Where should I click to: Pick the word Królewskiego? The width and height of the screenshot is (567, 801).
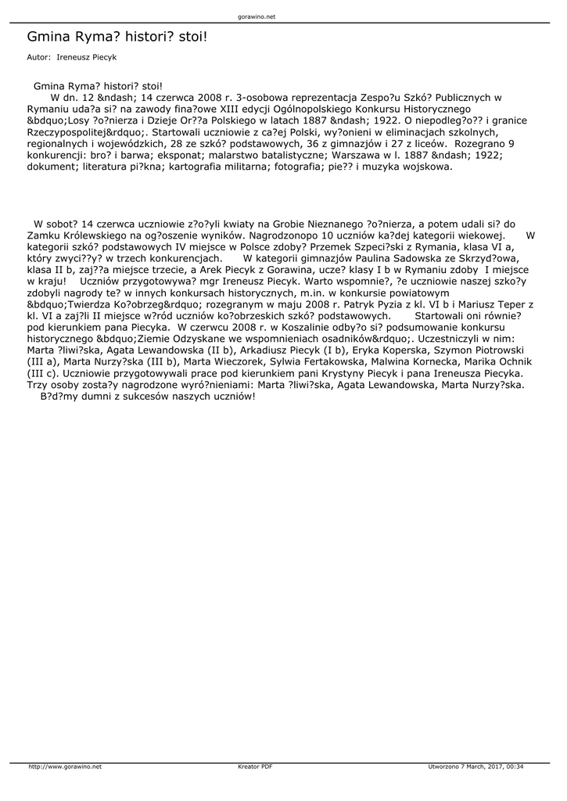click(x=99, y=235)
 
